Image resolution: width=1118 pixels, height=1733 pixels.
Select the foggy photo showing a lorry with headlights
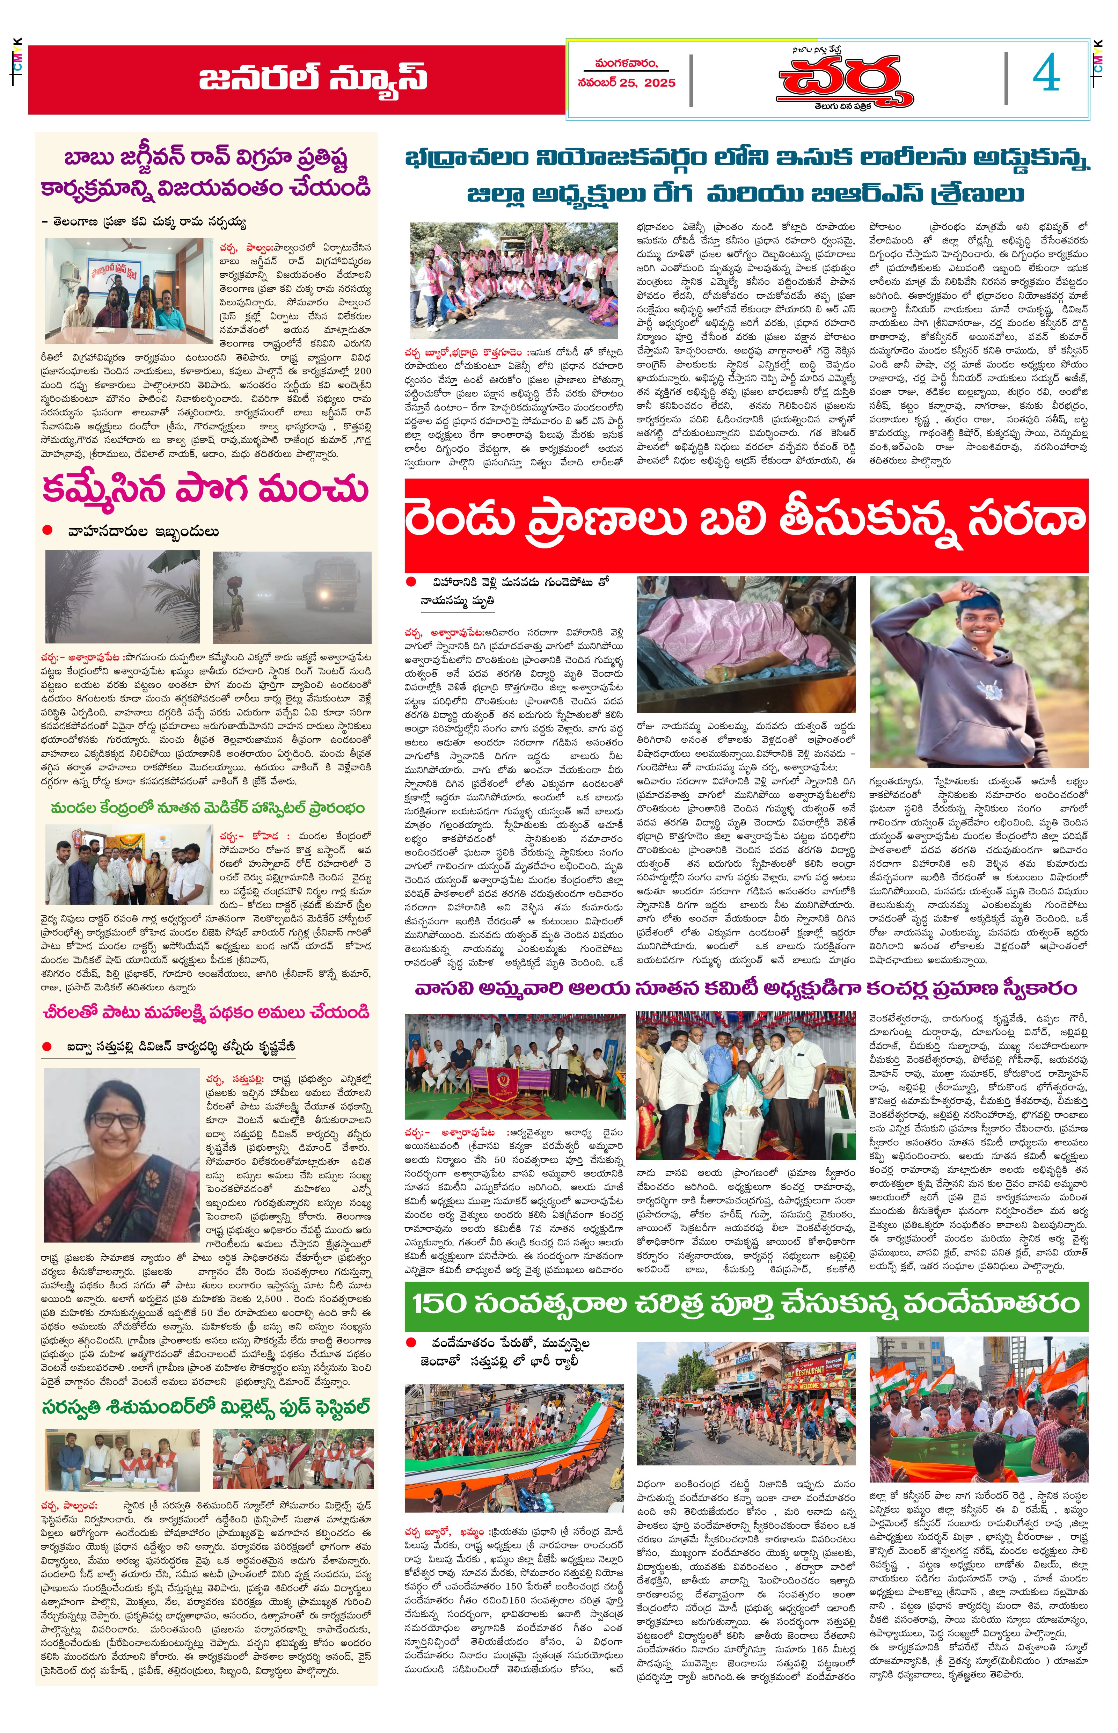[292, 597]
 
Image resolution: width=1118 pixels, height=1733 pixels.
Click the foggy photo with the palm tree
[122, 597]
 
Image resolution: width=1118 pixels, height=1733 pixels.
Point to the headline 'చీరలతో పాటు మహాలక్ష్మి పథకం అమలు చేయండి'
[207, 1012]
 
